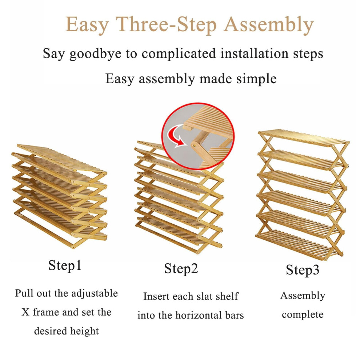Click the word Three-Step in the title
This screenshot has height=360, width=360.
pos(166,24)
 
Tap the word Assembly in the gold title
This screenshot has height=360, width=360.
pos(269,25)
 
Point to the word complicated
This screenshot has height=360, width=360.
pos(179,54)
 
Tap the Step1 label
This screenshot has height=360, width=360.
pos(65,266)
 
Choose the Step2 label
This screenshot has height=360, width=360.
pos(181,269)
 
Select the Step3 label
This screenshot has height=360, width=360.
pos(303,270)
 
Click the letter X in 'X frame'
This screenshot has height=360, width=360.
pos(25,312)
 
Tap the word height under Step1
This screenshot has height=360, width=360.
pos(84,331)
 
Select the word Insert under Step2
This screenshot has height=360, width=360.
pos(157,296)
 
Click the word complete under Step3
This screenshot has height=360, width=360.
pos(303,315)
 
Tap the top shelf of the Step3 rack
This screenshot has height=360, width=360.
pos(303,137)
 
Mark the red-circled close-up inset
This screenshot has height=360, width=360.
pos(198,136)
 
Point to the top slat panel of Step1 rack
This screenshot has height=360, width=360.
pos(62,159)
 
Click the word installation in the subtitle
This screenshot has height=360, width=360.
pos(255,54)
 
